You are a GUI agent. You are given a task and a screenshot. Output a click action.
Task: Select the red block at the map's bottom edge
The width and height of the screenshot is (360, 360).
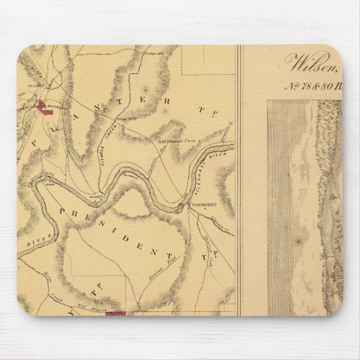[x=114, y=308]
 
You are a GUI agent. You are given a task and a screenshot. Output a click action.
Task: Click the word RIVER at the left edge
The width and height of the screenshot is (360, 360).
[x=31, y=241]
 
